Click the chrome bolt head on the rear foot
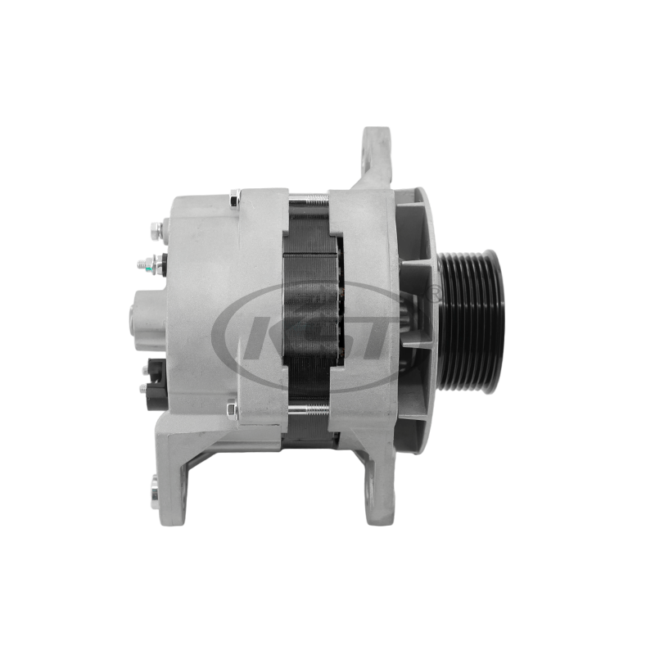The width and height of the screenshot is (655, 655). point(155,491)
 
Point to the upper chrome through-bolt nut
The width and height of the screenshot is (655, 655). point(235,198)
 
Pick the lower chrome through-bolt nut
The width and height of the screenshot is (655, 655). point(233,410)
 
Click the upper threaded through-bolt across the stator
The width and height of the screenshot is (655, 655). point(309,199)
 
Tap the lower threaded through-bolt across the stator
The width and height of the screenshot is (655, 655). point(309,411)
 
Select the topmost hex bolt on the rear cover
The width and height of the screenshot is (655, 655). point(157,231)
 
